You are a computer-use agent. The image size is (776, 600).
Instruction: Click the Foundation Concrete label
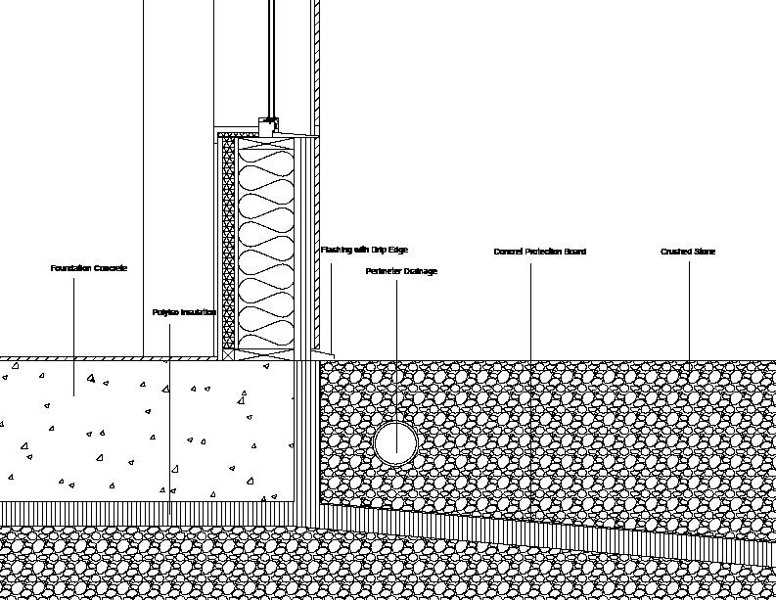tap(89, 268)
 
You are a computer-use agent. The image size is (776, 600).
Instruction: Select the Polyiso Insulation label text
tap(184, 312)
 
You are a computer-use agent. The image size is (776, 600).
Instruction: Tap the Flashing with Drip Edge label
tap(364, 251)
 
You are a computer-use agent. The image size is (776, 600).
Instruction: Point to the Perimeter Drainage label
tap(401, 271)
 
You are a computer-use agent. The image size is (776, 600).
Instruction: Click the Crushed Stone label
tap(688, 252)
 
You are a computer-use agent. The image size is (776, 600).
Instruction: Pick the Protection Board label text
tap(539, 252)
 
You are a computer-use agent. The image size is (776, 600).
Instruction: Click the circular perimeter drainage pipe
tap(396, 442)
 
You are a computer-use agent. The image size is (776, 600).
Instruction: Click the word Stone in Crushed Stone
tap(704, 252)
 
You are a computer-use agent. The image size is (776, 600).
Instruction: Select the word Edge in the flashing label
tap(397, 251)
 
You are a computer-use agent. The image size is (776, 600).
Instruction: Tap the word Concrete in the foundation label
tap(110, 268)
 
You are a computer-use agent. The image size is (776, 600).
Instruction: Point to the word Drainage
tap(421, 271)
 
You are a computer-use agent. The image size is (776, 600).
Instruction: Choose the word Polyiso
tap(165, 312)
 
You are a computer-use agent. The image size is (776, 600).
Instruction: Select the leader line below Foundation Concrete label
tap(74, 333)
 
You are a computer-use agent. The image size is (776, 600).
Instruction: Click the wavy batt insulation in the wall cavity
tap(263, 245)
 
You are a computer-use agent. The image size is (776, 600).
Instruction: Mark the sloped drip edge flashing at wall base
tap(323, 351)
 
